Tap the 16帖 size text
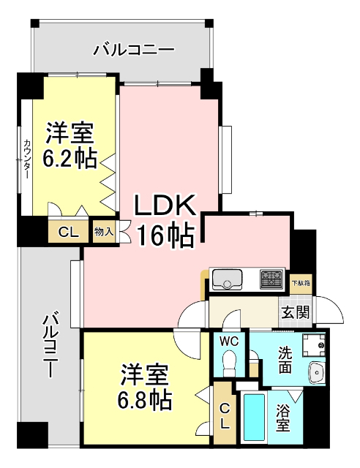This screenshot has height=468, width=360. pyautogui.click(x=164, y=234)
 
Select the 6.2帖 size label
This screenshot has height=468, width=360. pyautogui.click(x=70, y=158)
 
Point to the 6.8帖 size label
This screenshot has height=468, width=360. pyautogui.click(x=146, y=399)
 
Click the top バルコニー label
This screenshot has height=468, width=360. pyautogui.click(x=134, y=50)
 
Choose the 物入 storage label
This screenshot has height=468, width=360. pyautogui.click(x=103, y=232)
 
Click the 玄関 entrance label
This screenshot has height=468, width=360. pyautogui.click(x=296, y=312)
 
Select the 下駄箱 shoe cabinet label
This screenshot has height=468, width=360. pyautogui.click(x=301, y=282)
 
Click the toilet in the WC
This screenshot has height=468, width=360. pyautogui.click(x=229, y=361)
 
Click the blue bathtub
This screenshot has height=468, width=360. pyautogui.click(x=255, y=419)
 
